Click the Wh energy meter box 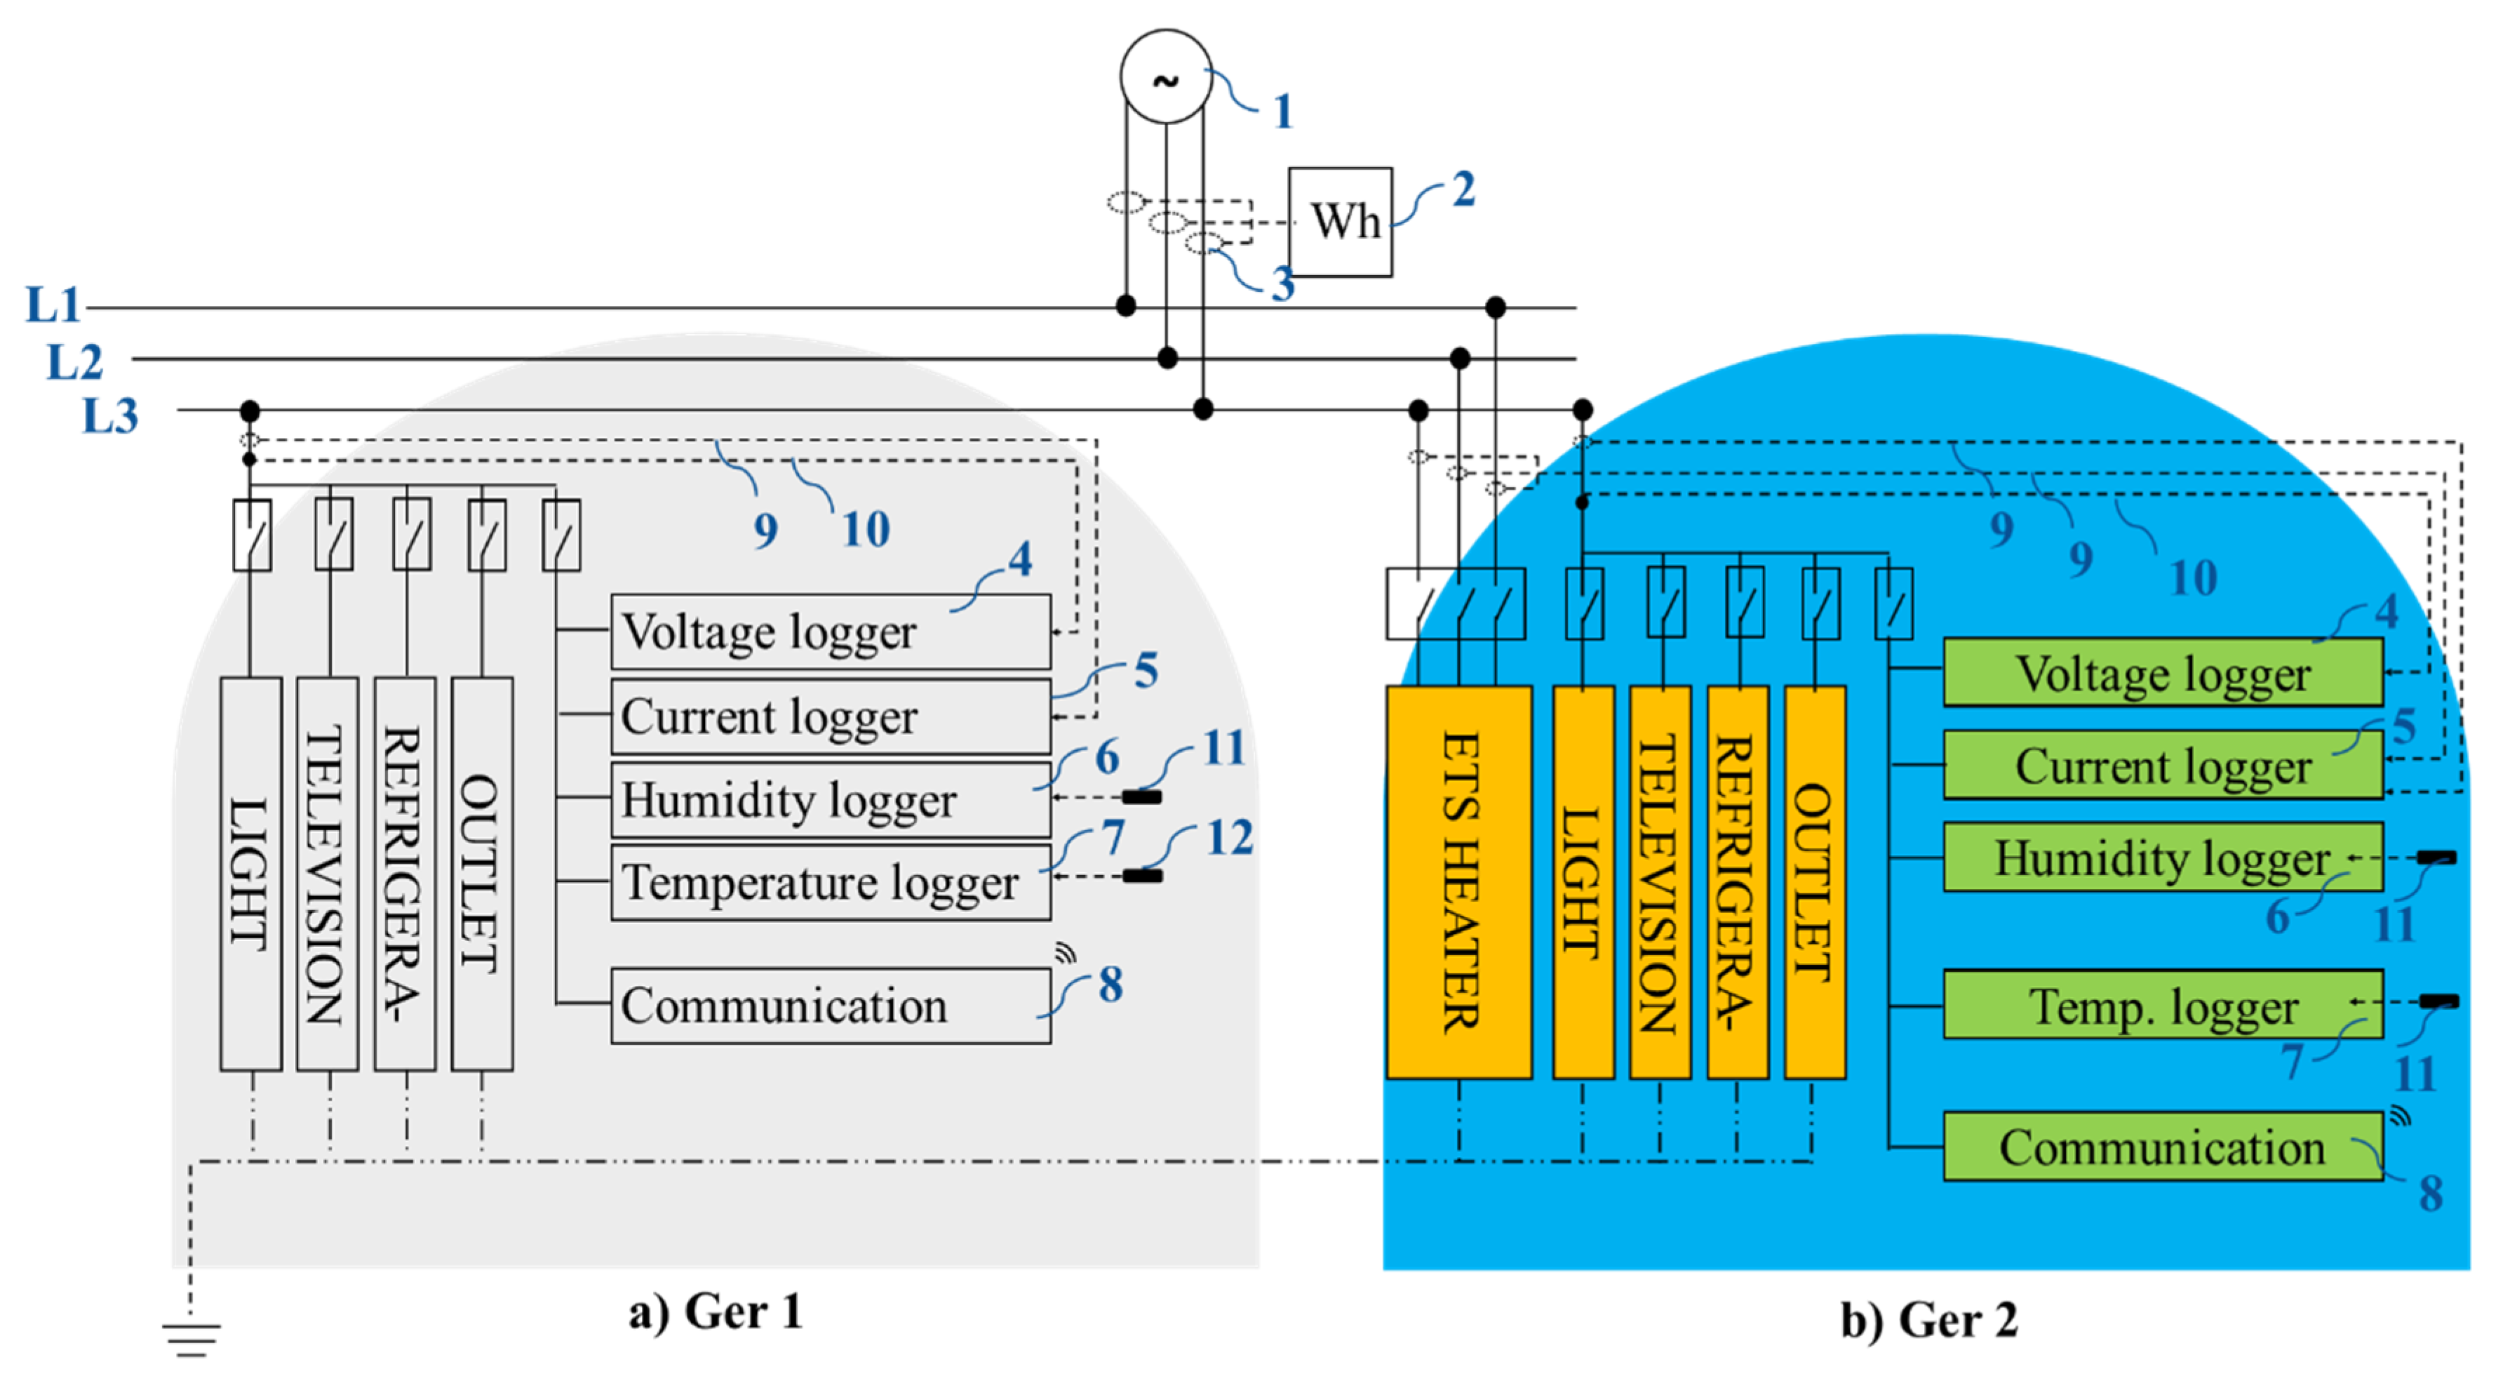(x=1340, y=222)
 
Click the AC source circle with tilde (x=1166, y=76)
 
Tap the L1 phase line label (x=53, y=305)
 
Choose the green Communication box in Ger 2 (x=2163, y=1147)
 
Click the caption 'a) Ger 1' (x=716, y=1312)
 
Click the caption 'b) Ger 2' (x=1930, y=1320)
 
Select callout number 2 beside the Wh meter (x=1463, y=188)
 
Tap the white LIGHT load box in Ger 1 (x=251, y=874)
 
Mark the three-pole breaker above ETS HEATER (x=1456, y=603)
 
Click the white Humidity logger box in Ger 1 (x=831, y=799)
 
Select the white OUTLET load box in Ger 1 (x=482, y=874)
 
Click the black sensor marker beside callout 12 (x=1142, y=876)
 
